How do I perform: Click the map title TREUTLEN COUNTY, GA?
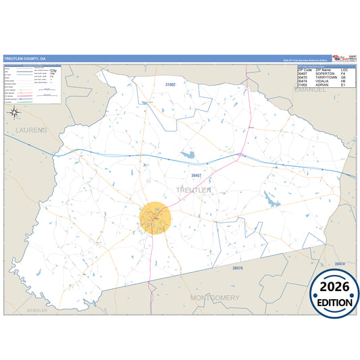click(x=26, y=59)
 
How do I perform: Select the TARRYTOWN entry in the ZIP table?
click(x=325, y=78)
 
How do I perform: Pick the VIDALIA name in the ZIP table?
click(x=322, y=82)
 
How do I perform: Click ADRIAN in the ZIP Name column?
click(x=322, y=86)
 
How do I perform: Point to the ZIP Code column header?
click(x=304, y=70)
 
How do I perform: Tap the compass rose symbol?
click(x=15, y=113)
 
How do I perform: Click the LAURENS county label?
click(x=27, y=129)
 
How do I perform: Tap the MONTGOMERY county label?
click(x=215, y=298)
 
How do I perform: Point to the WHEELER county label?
click(x=37, y=310)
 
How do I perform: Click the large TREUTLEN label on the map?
click(x=193, y=190)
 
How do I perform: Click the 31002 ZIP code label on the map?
click(x=170, y=84)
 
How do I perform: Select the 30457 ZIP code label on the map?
click(x=197, y=176)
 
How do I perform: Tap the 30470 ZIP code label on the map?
click(x=237, y=268)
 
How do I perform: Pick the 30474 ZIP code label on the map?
click(x=340, y=263)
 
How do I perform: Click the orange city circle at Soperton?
click(x=156, y=217)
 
